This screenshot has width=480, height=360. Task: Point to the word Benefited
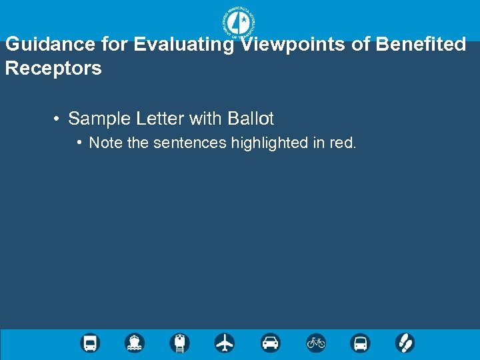(421, 45)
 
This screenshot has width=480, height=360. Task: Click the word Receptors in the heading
(53, 68)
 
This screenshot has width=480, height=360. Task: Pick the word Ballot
(251, 119)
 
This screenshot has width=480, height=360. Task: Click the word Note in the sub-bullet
(105, 143)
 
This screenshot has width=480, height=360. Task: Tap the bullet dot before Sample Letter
(57, 119)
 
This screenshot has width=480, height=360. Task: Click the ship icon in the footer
(135, 343)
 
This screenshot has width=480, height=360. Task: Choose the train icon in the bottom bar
(180, 343)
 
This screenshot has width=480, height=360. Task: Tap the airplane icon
(225, 343)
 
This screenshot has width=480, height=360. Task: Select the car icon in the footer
(270, 343)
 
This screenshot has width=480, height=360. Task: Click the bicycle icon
(315, 343)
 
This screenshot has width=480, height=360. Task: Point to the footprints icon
(405, 343)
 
